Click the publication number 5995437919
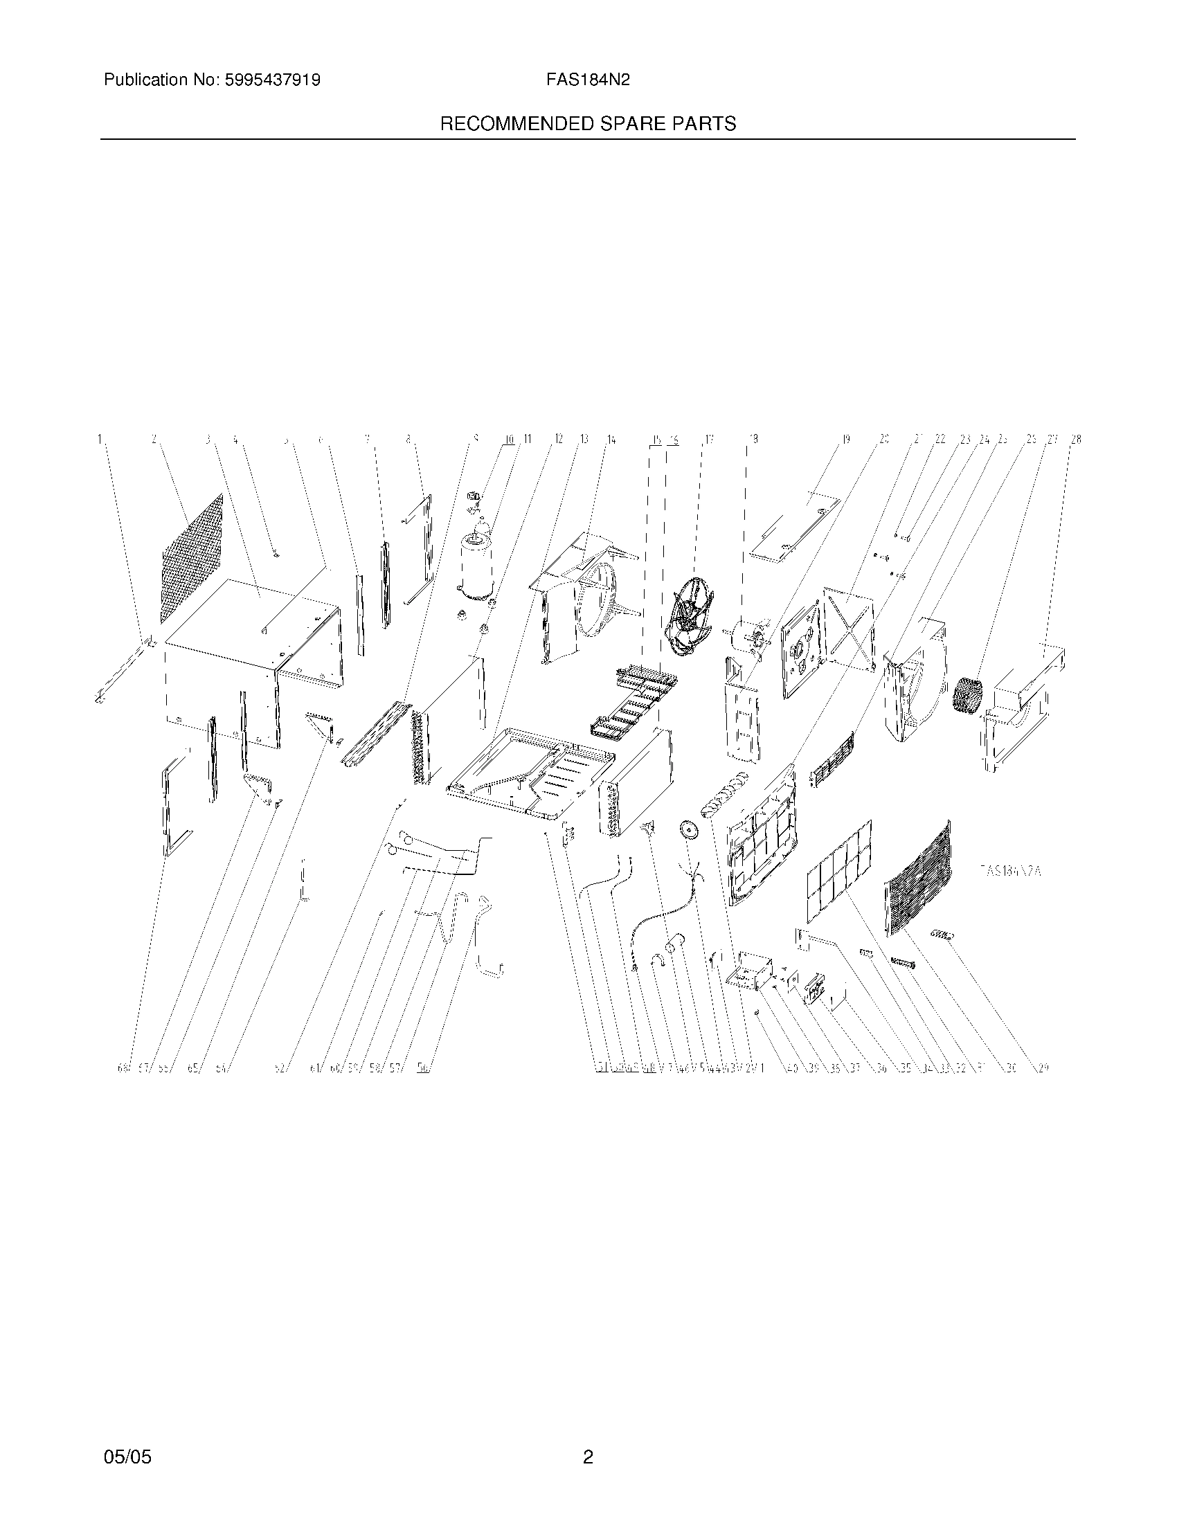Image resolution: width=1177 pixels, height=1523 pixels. click(x=273, y=80)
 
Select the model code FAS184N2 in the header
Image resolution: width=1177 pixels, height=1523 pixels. click(x=588, y=80)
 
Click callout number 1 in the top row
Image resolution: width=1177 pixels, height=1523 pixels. click(x=100, y=440)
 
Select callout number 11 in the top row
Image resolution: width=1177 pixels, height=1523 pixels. click(x=526, y=440)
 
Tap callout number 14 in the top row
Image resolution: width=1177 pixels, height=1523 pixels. click(x=611, y=440)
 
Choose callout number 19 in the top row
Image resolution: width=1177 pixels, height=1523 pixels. click(x=846, y=440)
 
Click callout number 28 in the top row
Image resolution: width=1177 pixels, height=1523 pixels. click(x=1076, y=440)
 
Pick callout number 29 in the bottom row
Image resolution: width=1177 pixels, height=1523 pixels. click(x=1043, y=1067)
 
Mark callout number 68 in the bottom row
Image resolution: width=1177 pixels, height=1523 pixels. click(x=123, y=1067)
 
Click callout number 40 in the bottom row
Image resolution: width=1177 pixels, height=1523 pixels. click(x=792, y=1067)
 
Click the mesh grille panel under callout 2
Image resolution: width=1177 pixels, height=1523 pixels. click(x=193, y=558)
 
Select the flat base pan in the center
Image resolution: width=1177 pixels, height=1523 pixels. click(x=530, y=770)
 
